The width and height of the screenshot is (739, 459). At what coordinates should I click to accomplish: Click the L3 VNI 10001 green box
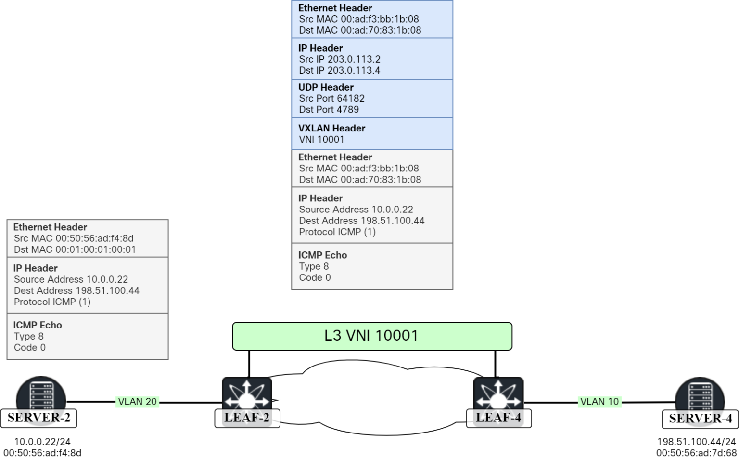point(371,336)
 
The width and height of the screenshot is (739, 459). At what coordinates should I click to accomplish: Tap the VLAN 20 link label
point(137,402)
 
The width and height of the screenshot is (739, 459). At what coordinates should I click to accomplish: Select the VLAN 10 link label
point(599,402)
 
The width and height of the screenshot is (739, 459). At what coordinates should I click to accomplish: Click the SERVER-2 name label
point(39,418)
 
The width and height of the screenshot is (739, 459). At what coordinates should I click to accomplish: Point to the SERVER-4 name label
point(700,419)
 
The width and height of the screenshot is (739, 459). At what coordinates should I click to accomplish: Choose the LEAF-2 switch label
point(247,418)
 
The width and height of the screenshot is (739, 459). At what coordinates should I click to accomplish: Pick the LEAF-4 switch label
point(498,418)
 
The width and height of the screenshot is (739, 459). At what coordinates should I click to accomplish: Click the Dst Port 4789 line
point(329,109)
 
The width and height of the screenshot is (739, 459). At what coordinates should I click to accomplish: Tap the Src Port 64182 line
point(331,98)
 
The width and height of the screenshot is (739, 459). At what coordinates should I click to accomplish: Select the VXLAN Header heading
point(331,128)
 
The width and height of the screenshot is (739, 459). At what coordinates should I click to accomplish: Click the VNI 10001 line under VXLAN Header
point(321,139)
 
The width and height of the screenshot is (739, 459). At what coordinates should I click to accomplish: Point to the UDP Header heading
point(326,87)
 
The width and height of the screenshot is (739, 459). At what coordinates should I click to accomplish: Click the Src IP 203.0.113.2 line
point(339,59)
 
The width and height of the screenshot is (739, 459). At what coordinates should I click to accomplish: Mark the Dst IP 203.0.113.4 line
point(339,70)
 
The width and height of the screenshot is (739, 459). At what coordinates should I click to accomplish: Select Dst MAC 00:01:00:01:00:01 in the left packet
point(75,249)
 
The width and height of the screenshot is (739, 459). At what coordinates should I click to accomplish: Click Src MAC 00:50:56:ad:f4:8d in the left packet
point(74,238)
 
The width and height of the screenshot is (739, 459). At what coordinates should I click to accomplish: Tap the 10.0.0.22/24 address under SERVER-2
point(42,442)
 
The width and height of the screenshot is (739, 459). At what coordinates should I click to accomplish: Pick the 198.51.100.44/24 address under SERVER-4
point(696,442)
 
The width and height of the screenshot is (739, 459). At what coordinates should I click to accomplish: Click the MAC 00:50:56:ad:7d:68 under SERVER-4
point(696,453)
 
